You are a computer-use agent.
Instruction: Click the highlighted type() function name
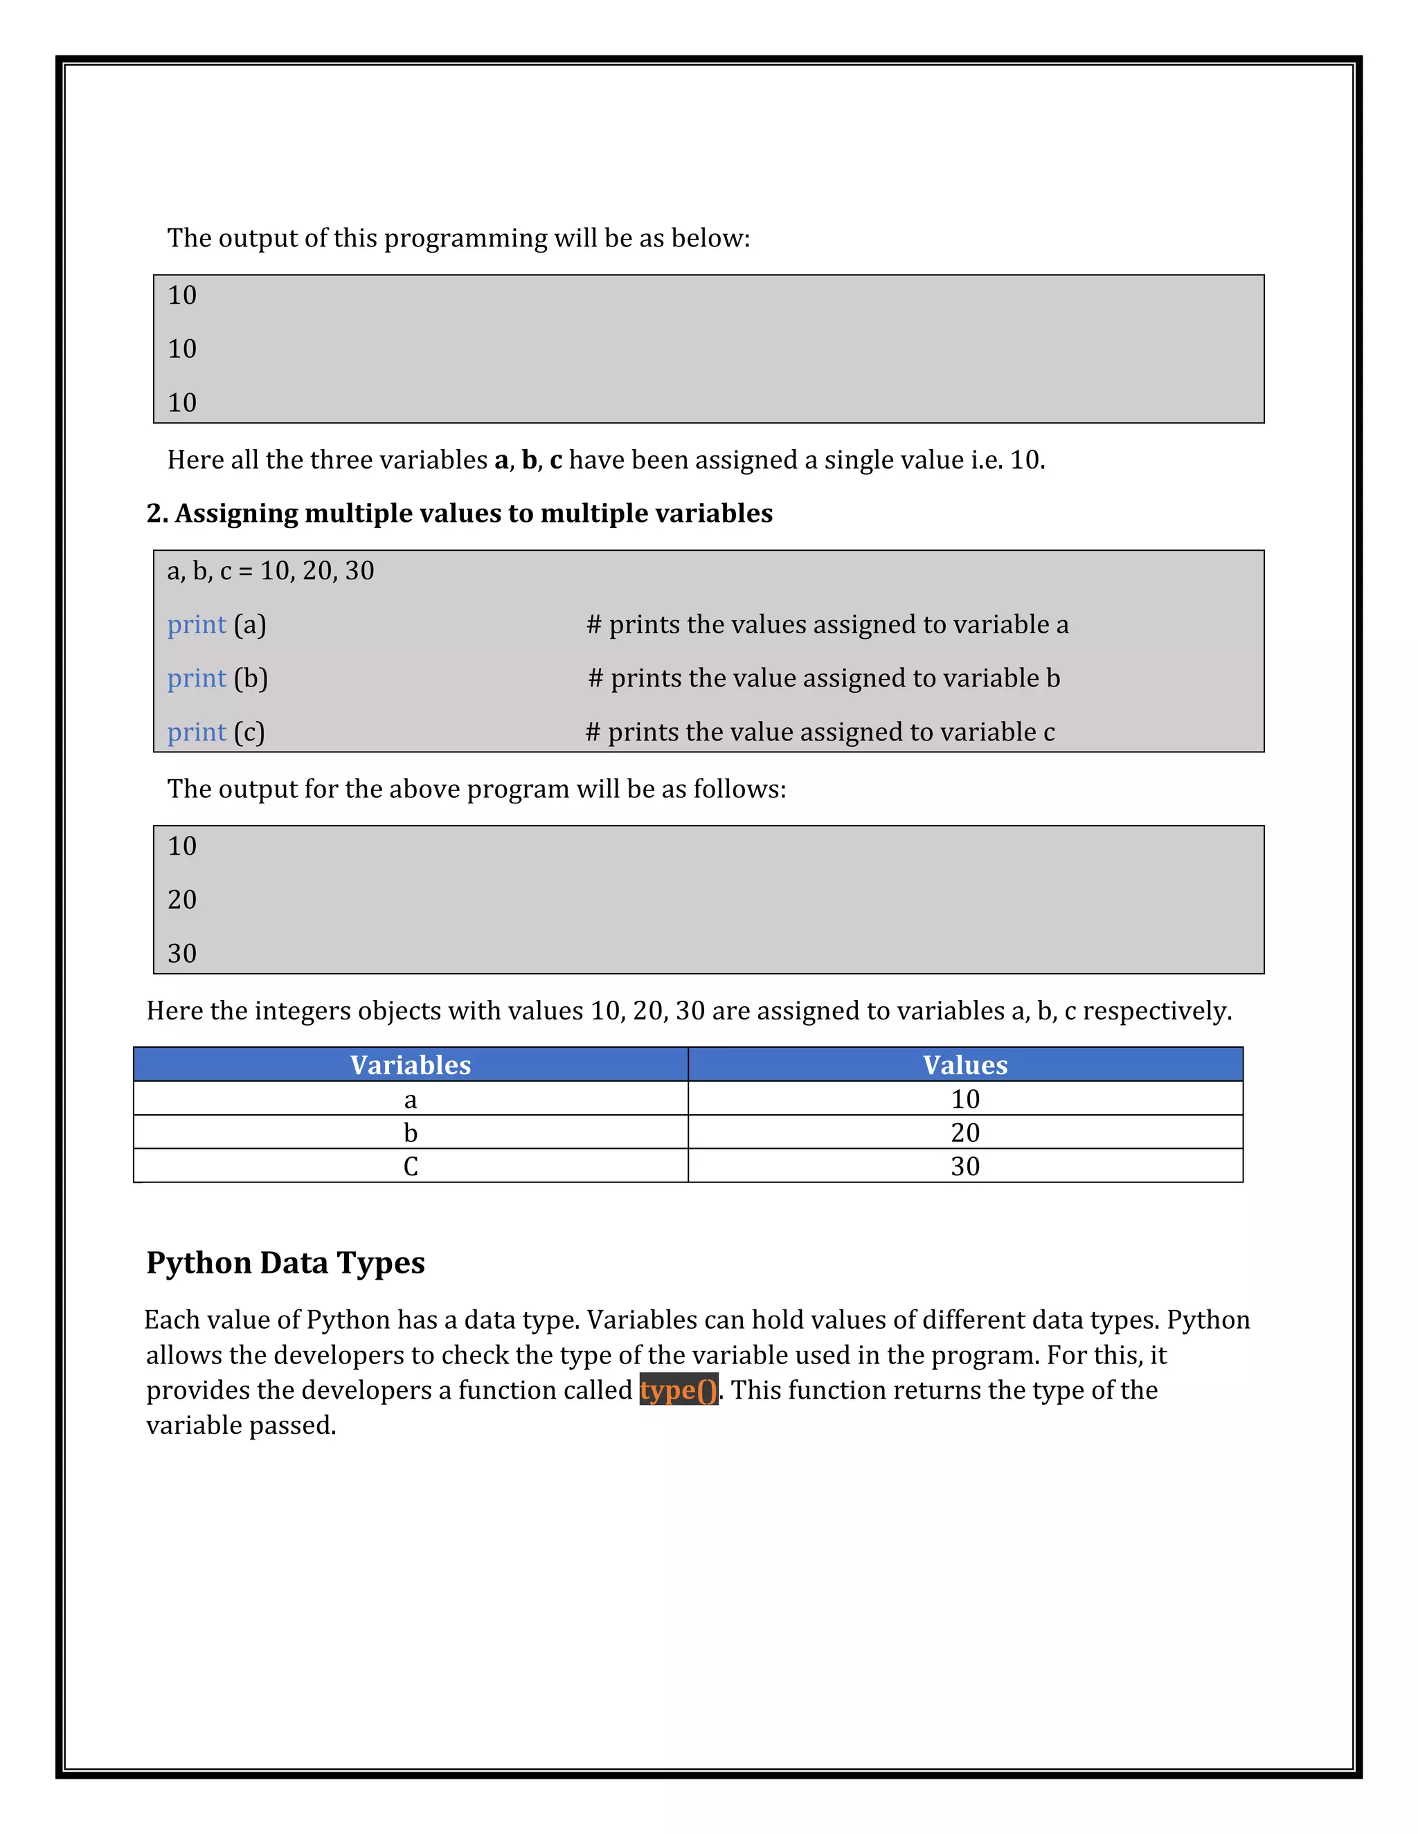click(x=678, y=1390)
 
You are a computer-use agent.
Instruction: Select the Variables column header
click(x=410, y=1065)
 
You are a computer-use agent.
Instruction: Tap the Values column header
click(x=964, y=1065)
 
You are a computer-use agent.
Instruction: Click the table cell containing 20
click(x=964, y=1132)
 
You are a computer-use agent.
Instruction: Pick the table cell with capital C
click(x=410, y=1165)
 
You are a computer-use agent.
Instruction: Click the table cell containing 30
click(x=964, y=1165)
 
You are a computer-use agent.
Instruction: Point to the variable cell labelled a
click(x=410, y=1098)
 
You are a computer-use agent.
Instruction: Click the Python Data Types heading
click(x=286, y=1262)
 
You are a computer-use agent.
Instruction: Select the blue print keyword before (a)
click(x=197, y=624)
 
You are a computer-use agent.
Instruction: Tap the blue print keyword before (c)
click(x=197, y=732)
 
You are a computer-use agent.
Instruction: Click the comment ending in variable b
click(x=823, y=678)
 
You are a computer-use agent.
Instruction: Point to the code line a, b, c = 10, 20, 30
click(x=271, y=570)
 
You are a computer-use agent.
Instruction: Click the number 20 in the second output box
click(x=181, y=900)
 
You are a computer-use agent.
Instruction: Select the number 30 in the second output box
click(x=181, y=953)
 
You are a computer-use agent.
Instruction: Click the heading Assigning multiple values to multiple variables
click(x=460, y=513)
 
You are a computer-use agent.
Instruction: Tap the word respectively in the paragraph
click(x=1156, y=1010)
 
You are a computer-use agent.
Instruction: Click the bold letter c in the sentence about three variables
click(x=555, y=460)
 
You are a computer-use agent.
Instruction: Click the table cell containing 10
click(x=964, y=1098)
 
